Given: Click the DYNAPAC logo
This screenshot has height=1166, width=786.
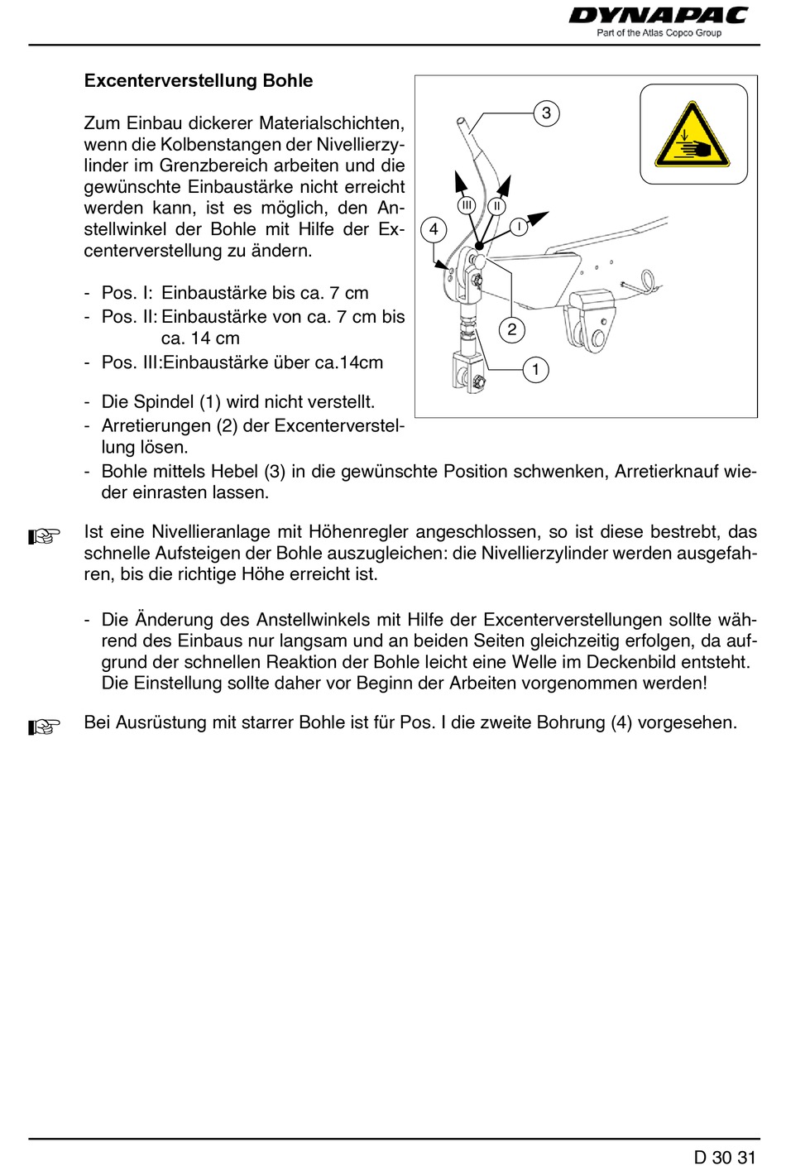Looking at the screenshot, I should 658,16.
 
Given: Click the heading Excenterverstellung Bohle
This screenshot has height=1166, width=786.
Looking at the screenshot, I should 199,81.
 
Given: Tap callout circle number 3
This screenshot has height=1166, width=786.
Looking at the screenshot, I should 546,113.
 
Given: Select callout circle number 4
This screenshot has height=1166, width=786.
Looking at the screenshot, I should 434,229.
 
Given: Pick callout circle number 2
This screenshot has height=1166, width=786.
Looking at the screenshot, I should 512,329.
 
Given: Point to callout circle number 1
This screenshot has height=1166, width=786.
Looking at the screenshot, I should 535,369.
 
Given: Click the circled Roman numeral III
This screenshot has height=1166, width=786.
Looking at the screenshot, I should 467,205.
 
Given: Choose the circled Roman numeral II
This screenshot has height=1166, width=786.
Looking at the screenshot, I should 496,205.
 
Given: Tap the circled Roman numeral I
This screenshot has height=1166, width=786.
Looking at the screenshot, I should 519,226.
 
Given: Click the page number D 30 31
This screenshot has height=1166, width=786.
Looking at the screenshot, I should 725,1157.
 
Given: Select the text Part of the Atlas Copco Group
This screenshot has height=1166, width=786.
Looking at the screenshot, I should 659,33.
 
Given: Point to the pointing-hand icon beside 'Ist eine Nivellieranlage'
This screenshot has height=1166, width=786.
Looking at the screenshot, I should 44,536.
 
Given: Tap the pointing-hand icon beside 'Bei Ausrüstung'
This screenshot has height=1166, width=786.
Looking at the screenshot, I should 44,727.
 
